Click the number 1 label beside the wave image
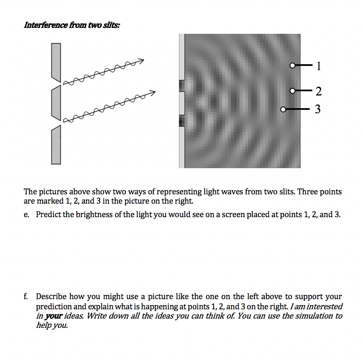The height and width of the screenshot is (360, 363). (x=319, y=66)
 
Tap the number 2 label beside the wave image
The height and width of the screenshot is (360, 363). (x=318, y=91)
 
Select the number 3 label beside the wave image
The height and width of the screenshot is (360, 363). (x=318, y=109)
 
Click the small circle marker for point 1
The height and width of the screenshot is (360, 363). (x=292, y=65)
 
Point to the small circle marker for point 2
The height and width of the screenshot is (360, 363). (x=292, y=90)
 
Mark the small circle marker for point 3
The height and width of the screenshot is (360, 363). (x=283, y=109)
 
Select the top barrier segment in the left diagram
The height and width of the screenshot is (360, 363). (x=56, y=62)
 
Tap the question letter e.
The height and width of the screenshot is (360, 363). (x=27, y=214)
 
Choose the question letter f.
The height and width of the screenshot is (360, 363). (x=26, y=297)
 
